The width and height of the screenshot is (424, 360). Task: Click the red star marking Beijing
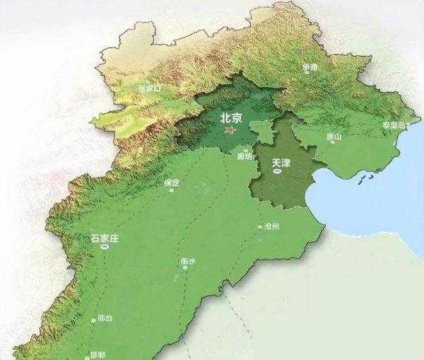coord(228,131)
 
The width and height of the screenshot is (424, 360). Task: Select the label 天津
coord(281,163)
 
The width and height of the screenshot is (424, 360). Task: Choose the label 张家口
coord(150,88)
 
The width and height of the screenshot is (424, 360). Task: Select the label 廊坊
coord(245,157)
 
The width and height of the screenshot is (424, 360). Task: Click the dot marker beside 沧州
coord(259,227)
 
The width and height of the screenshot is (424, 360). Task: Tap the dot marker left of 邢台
coord(93,320)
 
